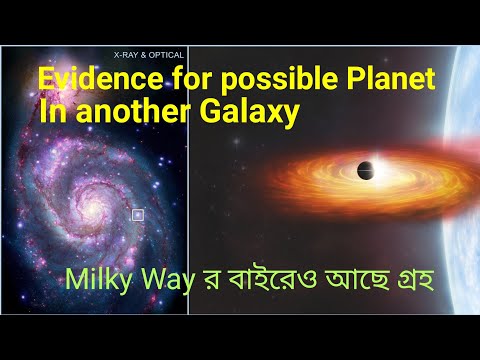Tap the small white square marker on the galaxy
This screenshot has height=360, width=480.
click(x=138, y=214)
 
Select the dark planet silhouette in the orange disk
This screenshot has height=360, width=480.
click(x=367, y=170)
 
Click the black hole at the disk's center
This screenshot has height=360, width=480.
click(x=349, y=167)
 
